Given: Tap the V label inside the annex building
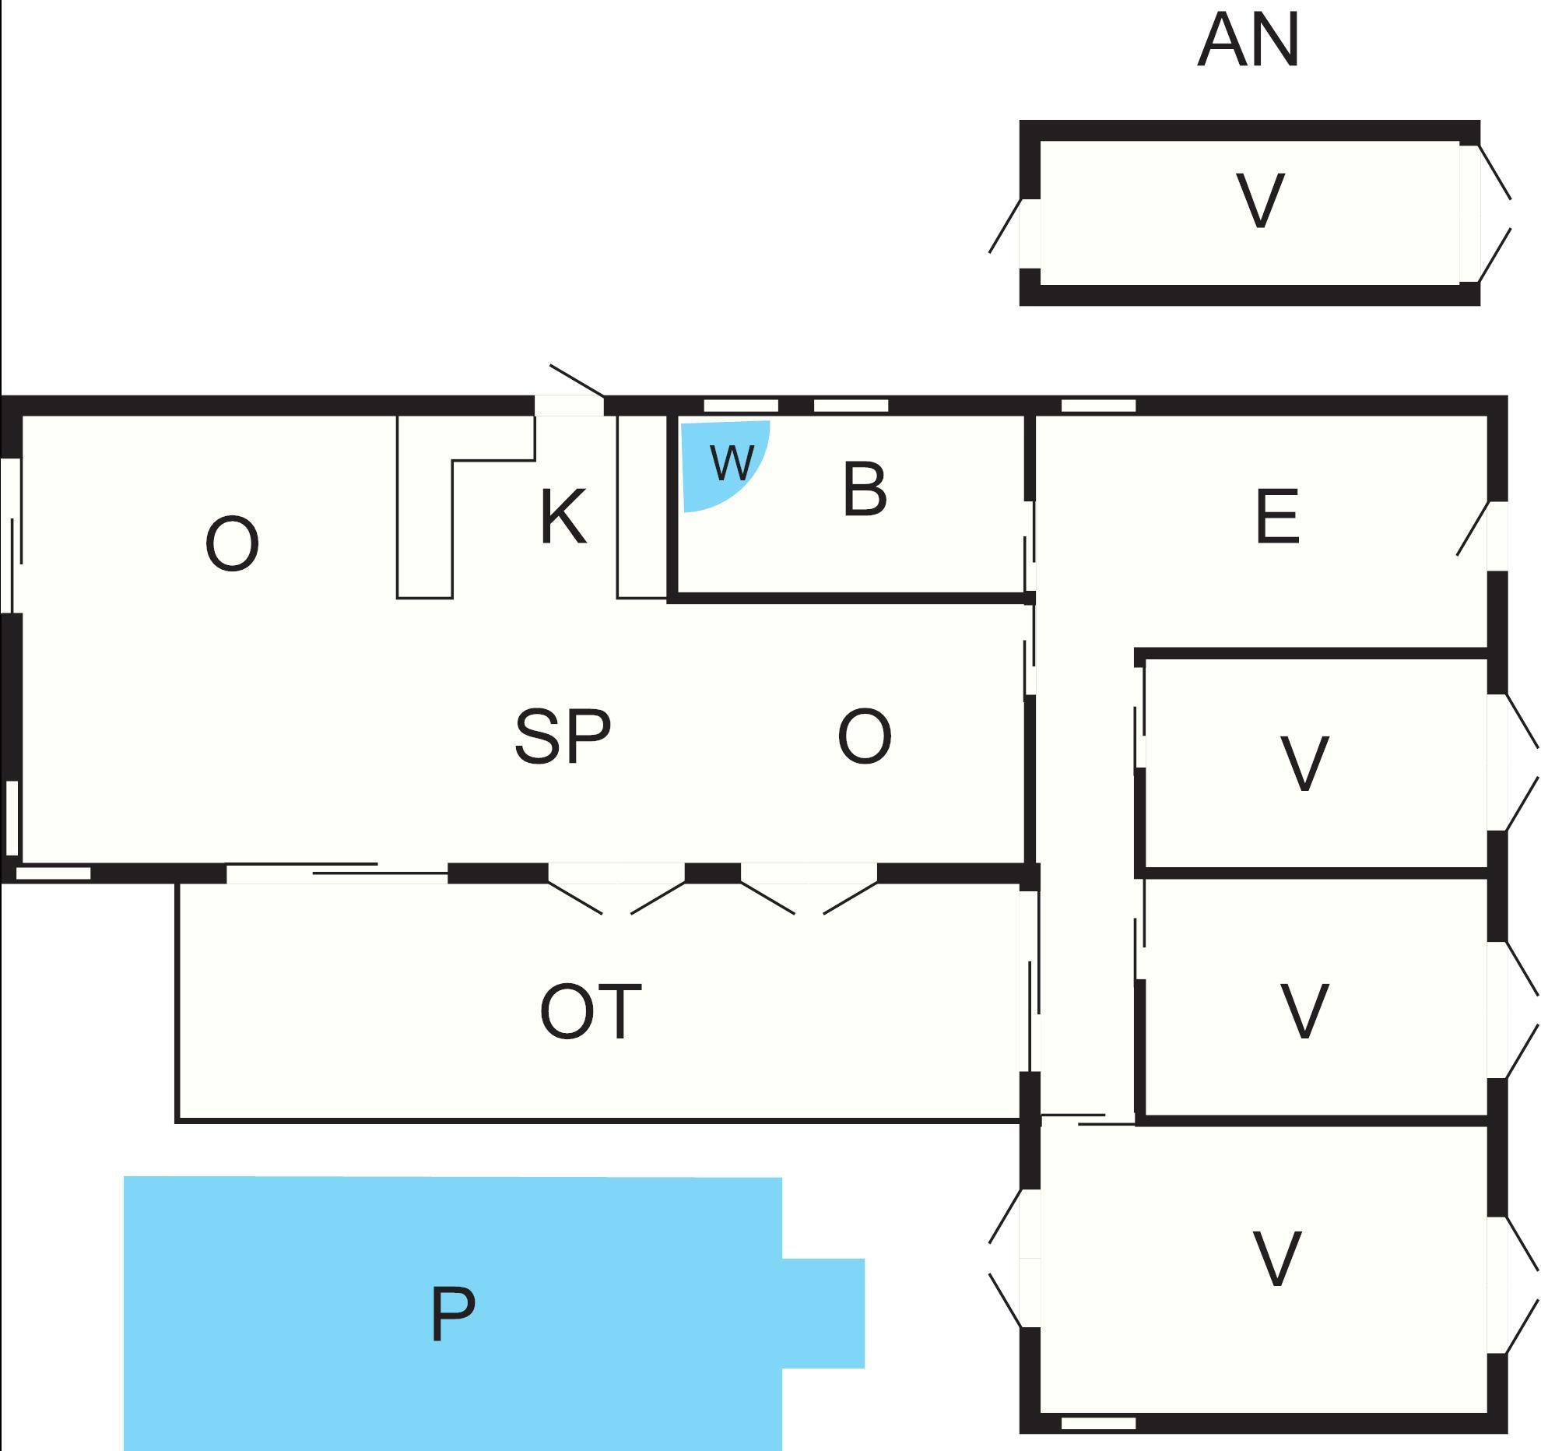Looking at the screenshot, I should pos(1260,201).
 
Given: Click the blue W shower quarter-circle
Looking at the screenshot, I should pos(720,462).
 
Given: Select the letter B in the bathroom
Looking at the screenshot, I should pos(865,490).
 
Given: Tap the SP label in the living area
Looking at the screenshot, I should pos(563,736).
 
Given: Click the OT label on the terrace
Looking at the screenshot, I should pos(591,1012).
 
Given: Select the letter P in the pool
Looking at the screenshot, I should pos(452,1315).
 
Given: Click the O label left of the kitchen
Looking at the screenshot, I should pos(232,545).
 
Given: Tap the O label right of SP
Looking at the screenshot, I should pos(864,736).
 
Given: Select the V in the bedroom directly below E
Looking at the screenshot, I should pos(1304,764).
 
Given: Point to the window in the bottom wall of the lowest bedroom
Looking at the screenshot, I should pos(1098,1423).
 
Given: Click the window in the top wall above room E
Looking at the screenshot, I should pos(1098,406).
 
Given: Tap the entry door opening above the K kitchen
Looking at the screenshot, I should pos(569,406).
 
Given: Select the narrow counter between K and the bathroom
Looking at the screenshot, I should pos(642,506).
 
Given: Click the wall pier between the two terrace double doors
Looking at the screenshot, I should pos(712,873).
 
